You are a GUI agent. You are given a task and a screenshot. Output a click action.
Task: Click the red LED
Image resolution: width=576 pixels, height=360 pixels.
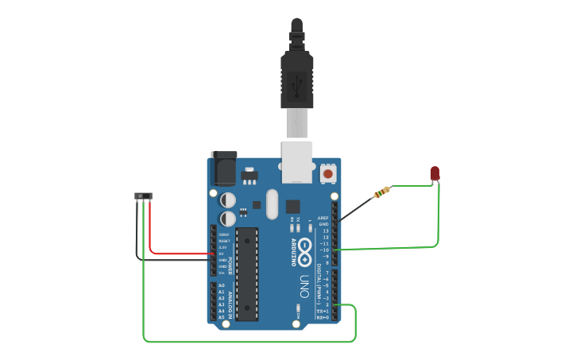435,173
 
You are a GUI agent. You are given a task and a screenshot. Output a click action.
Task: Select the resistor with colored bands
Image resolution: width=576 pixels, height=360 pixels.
383,192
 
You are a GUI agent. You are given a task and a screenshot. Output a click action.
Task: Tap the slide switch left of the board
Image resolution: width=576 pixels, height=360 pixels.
143,195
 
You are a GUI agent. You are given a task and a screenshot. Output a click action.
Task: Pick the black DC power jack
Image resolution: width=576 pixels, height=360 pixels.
223,168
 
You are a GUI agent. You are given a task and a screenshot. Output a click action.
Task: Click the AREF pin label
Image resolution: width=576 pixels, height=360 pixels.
323,218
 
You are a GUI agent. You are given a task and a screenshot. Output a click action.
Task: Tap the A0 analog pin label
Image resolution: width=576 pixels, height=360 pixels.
221,285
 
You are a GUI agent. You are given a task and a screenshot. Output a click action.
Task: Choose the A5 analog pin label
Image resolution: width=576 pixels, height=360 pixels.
221,317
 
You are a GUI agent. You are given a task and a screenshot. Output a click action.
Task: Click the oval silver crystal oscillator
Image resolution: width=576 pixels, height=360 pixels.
273,203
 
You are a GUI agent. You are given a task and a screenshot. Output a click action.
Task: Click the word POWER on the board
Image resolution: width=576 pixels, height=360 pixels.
230,265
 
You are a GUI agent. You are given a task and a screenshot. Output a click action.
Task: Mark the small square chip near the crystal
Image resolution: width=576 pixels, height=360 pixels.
292,205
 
